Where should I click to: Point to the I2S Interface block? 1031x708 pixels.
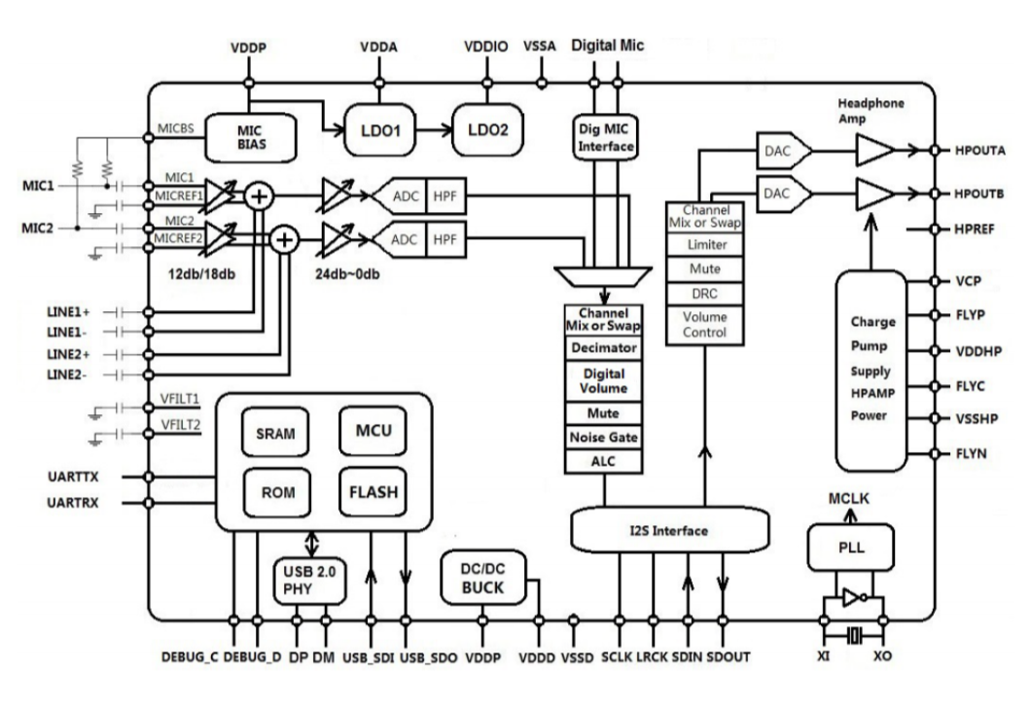tap(667, 532)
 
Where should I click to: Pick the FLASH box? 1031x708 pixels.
tap(373, 491)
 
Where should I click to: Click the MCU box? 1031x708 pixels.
tap(373, 430)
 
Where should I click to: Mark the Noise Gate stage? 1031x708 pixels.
tap(604, 437)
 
